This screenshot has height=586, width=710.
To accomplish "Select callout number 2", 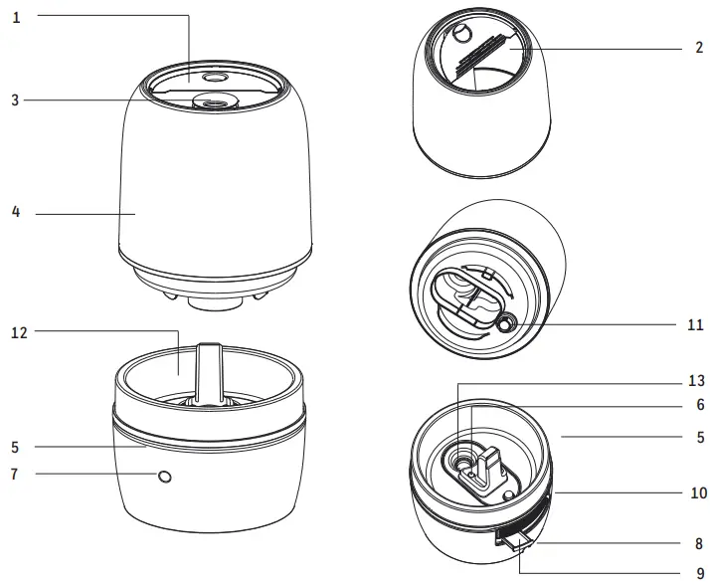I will click(699, 47).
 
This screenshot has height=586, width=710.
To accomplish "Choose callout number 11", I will click(696, 324).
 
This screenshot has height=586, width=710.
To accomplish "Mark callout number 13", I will click(696, 381).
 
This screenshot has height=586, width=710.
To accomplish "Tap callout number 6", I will click(699, 405).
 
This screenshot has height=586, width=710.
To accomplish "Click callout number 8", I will click(699, 544).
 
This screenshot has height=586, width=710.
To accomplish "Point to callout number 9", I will click(699, 573).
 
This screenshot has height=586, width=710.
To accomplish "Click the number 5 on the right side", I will click(699, 436).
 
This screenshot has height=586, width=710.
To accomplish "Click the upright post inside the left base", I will click(208, 373).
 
